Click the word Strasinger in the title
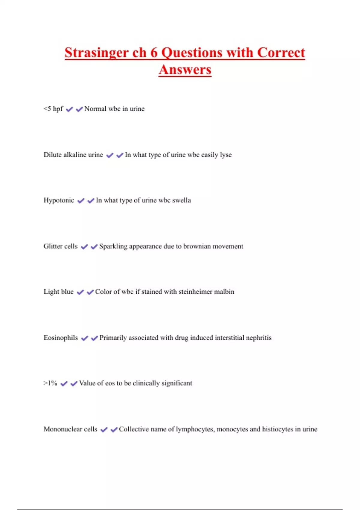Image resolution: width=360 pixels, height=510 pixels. [x=97, y=53]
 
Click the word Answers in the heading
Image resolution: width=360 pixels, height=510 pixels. [x=185, y=70]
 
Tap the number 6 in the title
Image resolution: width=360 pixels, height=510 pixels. [x=154, y=53]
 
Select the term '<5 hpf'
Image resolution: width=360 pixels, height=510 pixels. [x=53, y=109]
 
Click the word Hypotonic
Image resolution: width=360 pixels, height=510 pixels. [x=59, y=200]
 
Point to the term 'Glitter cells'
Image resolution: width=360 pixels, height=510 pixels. [x=60, y=246]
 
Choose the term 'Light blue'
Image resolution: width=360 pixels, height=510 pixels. [x=58, y=292]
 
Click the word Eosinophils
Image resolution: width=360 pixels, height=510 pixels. [x=61, y=337]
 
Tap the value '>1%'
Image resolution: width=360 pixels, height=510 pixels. [x=50, y=383]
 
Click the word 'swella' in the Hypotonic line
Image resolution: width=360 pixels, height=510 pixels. [x=181, y=200]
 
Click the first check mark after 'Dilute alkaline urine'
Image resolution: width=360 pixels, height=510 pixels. [x=110, y=155]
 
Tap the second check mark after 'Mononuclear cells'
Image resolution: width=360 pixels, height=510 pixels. [x=114, y=430]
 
